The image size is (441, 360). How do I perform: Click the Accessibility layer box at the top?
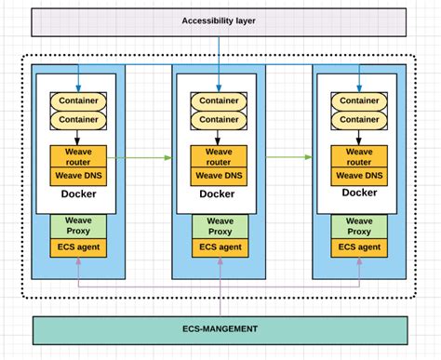(220, 20)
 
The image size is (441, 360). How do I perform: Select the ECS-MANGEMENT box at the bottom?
(220, 329)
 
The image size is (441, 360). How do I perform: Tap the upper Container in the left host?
(77, 100)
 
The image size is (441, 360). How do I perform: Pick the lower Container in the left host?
(77, 119)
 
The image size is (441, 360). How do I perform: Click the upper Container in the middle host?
(218, 100)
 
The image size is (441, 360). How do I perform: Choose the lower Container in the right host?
(359, 119)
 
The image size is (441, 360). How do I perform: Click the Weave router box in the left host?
(77, 155)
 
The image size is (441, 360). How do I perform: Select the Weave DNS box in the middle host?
(218, 175)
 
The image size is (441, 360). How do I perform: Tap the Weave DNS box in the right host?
(359, 175)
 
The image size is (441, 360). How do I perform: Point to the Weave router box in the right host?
(359, 155)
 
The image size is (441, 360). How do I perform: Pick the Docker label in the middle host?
(218, 193)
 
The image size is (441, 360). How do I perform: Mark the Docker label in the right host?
(359, 193)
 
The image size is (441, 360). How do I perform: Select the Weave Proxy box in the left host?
(77, 226)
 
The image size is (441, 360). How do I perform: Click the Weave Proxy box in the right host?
(359, 226)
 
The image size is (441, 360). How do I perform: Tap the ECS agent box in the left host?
(77, 247)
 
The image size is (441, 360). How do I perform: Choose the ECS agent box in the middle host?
(218, 247)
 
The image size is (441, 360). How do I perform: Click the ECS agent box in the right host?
(359, 247)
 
